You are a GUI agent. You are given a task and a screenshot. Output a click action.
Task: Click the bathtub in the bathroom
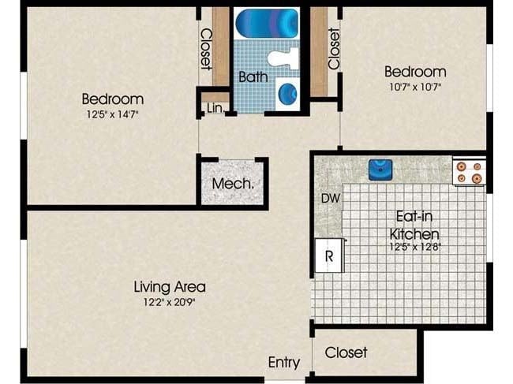tap(267, 23)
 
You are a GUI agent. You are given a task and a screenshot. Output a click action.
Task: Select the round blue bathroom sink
tap(288, 92)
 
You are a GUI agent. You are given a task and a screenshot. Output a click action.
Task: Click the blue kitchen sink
tap(380, 169)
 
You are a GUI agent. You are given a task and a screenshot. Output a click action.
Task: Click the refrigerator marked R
tap(328, 255)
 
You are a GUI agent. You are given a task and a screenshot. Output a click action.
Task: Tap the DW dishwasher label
tap(330, 199)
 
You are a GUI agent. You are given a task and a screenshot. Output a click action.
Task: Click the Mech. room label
tap(232, 183)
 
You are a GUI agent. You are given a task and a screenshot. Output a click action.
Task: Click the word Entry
tap(284, 363)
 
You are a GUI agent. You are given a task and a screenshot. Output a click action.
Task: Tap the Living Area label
tap(169, 286)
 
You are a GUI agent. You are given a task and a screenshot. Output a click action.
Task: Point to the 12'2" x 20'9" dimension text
tap(169, 300)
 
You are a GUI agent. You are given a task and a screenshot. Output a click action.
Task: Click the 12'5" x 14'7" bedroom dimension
tap(113, 114)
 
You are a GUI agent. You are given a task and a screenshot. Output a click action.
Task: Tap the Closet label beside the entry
tap(346, 352)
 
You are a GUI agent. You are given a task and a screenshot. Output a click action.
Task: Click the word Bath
tap(253, 76)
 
